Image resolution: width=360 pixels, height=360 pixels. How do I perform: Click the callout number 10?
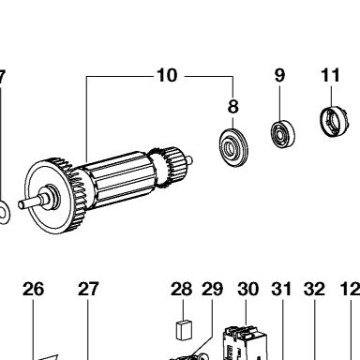tap(167, 75)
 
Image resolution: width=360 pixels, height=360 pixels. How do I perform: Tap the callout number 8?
tap(232, 107)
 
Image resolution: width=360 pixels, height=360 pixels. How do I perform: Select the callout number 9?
tap(279, 75)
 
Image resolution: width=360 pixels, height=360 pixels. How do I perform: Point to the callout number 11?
tap(330, 75)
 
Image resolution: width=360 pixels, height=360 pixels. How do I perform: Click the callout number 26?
tap(33, 289)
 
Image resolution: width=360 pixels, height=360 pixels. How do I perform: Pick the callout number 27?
tap(88, 289)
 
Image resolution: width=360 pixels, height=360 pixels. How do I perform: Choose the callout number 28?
tap(181, 289)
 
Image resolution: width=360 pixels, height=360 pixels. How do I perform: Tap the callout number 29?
tap(212, 289)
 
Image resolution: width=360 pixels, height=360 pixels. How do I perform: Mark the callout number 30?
tap(248, 289)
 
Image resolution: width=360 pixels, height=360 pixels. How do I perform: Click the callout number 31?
tap(281, 289)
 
